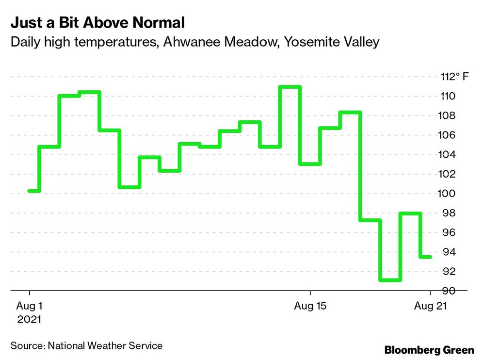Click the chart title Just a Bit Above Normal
[97, 23]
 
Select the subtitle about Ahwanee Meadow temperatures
[194, 42]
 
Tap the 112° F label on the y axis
[455, 77]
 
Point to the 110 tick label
[448, 96]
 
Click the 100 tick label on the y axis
[448, 194]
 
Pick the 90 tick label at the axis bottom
[448, 291]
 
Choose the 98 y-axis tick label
[448, 213]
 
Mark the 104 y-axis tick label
[448, 155]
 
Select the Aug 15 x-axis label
[310, 307]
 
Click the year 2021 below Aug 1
[30, 320]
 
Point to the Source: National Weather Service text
[86, 346]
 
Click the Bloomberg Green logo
[429, 350]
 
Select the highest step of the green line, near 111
[290, 87]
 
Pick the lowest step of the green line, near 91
[390, 280]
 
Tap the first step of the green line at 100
[34, 191]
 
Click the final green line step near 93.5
[425, 257]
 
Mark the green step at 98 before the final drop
[410, 213]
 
